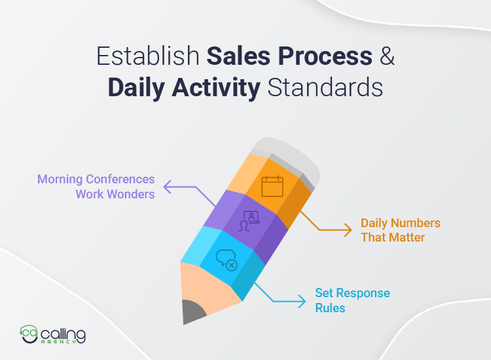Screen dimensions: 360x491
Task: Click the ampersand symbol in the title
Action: click(388, 58)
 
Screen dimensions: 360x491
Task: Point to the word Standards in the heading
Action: click(325, 88)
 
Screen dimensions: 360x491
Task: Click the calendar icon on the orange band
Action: click(272, 187)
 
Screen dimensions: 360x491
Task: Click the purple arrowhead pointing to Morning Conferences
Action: click(167, 188)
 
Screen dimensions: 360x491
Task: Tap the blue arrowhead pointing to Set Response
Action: click(302, 301)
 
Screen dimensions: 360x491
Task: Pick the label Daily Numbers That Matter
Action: click(400, 230)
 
